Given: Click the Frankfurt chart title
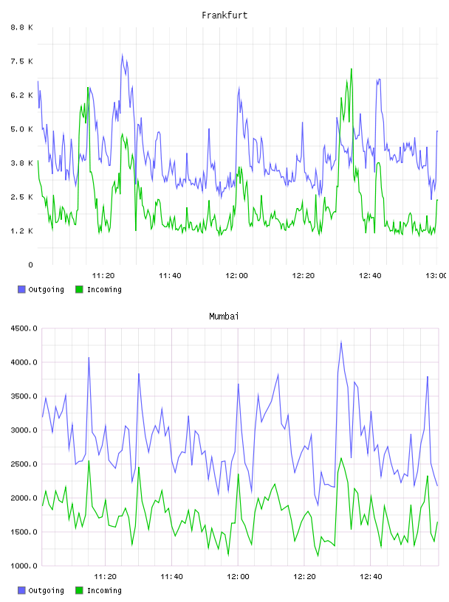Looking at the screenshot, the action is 224,15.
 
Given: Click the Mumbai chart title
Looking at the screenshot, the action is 224,316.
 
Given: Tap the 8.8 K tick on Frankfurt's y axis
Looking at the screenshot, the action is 22,27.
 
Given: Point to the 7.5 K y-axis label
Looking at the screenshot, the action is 22,61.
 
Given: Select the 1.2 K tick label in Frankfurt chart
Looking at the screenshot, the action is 22,231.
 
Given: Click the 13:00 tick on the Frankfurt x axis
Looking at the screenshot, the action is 436,276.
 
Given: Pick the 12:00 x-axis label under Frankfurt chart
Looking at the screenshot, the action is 236,276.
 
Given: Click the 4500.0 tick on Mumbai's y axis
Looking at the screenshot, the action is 24,328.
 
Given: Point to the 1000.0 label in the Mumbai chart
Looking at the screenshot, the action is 24,566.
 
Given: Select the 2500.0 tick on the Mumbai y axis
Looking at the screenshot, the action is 24,464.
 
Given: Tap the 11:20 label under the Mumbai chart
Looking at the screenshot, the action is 105,577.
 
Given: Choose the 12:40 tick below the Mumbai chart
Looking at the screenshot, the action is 371,577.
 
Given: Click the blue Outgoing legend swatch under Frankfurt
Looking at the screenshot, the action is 21,289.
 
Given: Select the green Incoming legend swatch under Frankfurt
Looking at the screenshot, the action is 79,289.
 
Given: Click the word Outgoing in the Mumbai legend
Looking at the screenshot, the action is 46,590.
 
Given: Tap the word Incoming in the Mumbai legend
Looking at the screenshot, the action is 104,590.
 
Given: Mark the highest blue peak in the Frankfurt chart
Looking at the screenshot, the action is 123,55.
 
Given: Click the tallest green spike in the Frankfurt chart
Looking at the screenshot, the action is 351,69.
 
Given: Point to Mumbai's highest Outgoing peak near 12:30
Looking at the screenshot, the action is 341,342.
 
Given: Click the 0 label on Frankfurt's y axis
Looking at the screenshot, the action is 30,265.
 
